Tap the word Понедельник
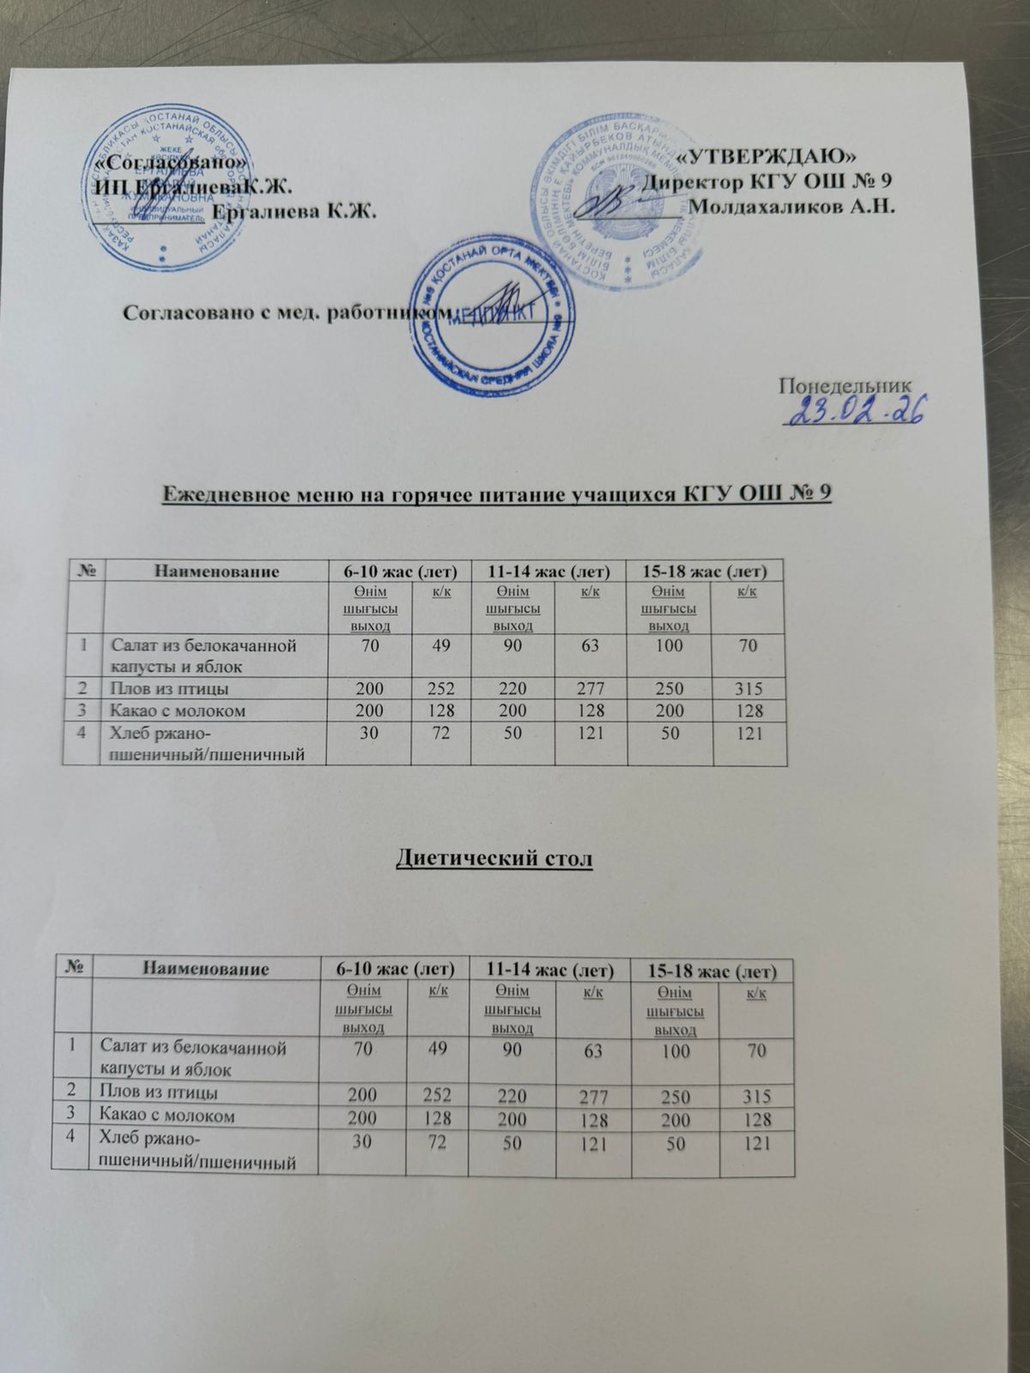[839, 384]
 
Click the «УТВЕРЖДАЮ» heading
[767, 156]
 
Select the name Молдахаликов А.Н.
[793, 208]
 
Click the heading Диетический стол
[494, 857]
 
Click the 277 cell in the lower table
[592, 1096]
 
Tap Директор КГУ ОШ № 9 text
[771, 182]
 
